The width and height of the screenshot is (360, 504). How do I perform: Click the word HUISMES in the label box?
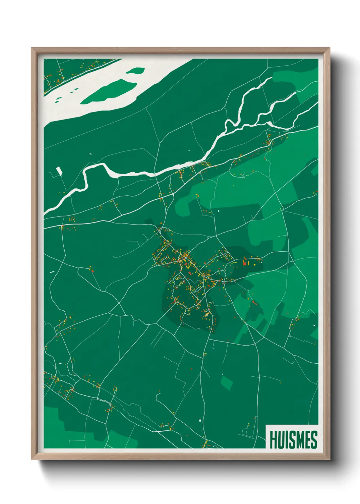coord(293,440)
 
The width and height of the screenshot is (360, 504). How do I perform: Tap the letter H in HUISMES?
coord(273,440)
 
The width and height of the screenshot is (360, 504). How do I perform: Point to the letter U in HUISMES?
coord(280,440)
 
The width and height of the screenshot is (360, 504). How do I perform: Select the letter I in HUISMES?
coord(286,440)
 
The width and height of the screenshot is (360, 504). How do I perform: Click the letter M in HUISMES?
coord(299,440)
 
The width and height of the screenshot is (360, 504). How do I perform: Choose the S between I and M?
coord(291,440)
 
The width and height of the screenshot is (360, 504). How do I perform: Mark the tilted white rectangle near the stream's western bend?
coord(60,170)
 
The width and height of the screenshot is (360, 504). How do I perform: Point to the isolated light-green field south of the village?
coord(226,382)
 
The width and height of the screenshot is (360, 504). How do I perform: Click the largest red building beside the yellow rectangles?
coord(244,262)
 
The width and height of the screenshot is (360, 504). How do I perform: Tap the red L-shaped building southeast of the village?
coord(253,302)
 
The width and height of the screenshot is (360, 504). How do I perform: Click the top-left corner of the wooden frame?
coord(32,48)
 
